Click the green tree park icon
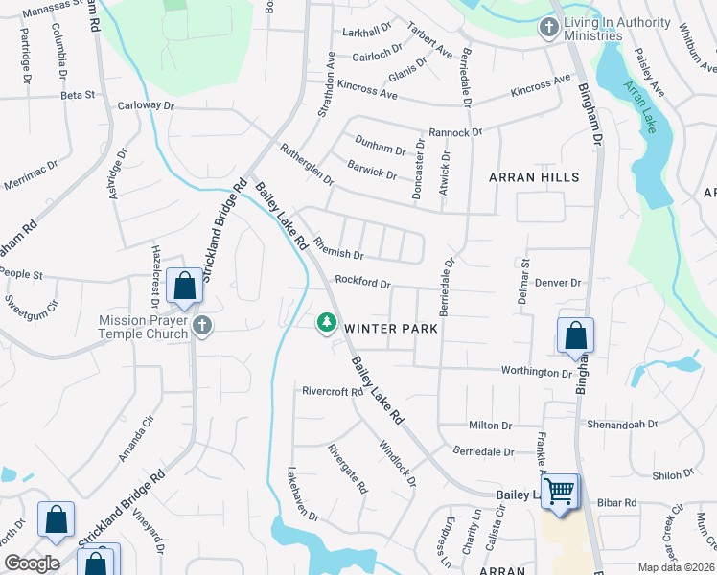pyautogui.click(x=327, y=322)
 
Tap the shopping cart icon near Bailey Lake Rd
pyautogui.click(x=560, y=492)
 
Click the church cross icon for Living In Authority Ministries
pyautogui.click(x=549, y=28)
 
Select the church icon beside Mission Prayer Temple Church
pyautogui.click(x=201, y=327)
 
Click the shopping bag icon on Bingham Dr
pyautogui.click(x=575, y=336)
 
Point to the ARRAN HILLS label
pyautogui.click(x=534, y=177)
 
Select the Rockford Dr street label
pyautogui.click(x=362, y=283)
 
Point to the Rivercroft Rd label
pyautogui.click(x=333, y=391)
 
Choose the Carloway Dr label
pyautogui.click(x=145, y=105)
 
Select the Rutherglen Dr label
pyautogui.click(x=306, y=164)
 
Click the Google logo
pyautogui.click(x=33, y=563)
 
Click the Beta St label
pyautogui.click(x=78, y=95)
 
